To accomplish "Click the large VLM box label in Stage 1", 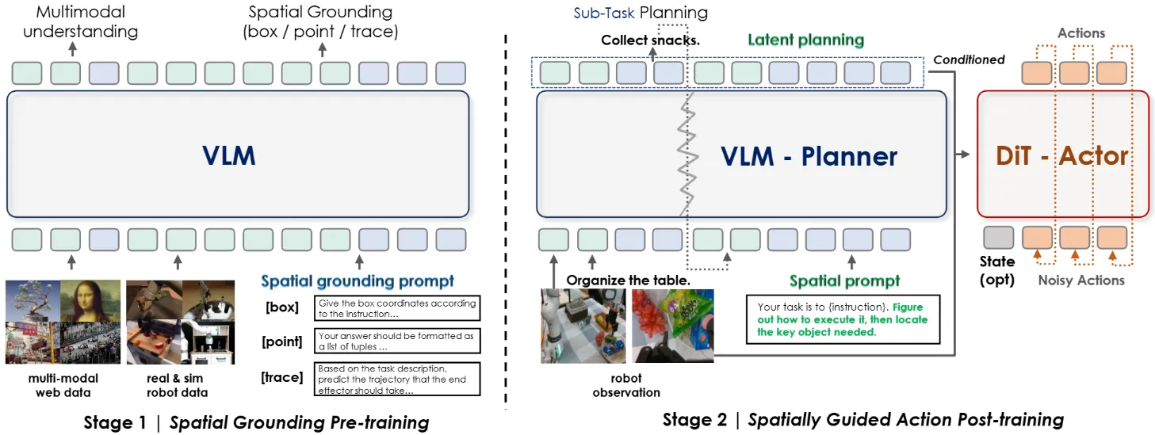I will (x=228, y=155).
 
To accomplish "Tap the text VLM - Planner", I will (x=809, y=156).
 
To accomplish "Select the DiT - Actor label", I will (x=1061, y=155).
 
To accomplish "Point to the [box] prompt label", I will (x=283, y=307).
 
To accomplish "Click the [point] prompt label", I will (x=283, y=342).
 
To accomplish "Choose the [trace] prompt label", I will (x=282, y=376).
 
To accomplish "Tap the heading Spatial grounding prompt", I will (x=358, y=280).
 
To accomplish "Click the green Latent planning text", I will (x=805, y=40).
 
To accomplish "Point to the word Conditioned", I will (x=969, y=59).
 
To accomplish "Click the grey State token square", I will (x=998, y=238).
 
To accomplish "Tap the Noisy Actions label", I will (x=1081, y=280).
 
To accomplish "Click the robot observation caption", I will (x=626, y=385).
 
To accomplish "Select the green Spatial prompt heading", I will (x=844, y=280).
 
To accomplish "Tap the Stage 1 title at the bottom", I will (x=256, y=422).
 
